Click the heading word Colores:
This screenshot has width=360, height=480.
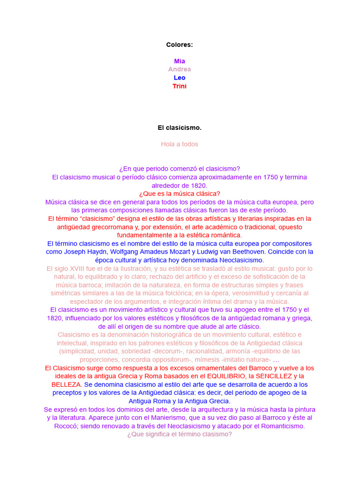click(180, 45)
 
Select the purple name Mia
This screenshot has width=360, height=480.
click(180, 61)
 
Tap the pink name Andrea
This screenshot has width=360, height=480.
click(180, 69)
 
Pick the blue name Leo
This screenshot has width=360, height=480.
click(180, 78)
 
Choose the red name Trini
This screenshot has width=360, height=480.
click(180, 86)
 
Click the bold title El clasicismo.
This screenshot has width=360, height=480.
click(180, 127)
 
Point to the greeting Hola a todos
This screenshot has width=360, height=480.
click(180, 144)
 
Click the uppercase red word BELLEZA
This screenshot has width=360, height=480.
click(66, 384)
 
